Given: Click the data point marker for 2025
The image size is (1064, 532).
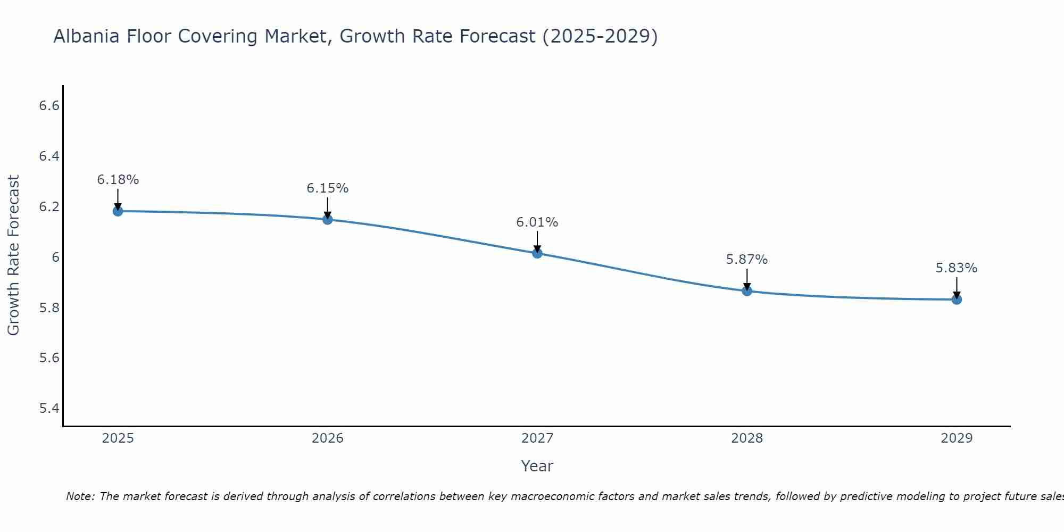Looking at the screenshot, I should [x=118, y=211].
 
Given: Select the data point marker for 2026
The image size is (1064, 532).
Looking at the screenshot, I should [x=328, y=219].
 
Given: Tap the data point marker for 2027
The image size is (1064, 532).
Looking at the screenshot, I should [x=537, y=253].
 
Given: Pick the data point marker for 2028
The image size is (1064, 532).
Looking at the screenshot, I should [x=747, y=291].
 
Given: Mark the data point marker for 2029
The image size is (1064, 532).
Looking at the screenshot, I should [x=957, y=300].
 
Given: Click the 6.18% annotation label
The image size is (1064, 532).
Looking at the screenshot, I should [x=118, y=180].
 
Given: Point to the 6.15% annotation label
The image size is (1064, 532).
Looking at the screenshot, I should [x=328, y=188].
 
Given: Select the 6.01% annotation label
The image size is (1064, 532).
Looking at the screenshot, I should [x=537, y=222].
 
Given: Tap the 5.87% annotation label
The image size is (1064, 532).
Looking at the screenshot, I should [x=747, y=260].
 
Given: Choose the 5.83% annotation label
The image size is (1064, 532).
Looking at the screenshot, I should [x=957, y=268].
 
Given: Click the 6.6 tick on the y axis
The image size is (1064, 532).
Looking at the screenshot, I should [x=49, y=106].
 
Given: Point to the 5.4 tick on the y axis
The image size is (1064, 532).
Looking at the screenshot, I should [x=49, y=409].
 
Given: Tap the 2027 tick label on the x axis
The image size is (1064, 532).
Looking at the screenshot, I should [x=537, y=438].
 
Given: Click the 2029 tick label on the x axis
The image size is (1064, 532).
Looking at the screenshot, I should [x=957, y=438].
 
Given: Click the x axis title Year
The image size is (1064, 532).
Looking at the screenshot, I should [x=537, y=466].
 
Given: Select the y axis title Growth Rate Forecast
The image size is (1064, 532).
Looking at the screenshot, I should [x=14, y=255].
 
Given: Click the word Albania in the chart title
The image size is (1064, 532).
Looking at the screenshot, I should [x=86, y=36].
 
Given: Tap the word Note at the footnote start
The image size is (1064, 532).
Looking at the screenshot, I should [x=80, y=496].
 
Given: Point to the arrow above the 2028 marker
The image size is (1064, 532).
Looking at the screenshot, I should [x=747, y=279].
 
